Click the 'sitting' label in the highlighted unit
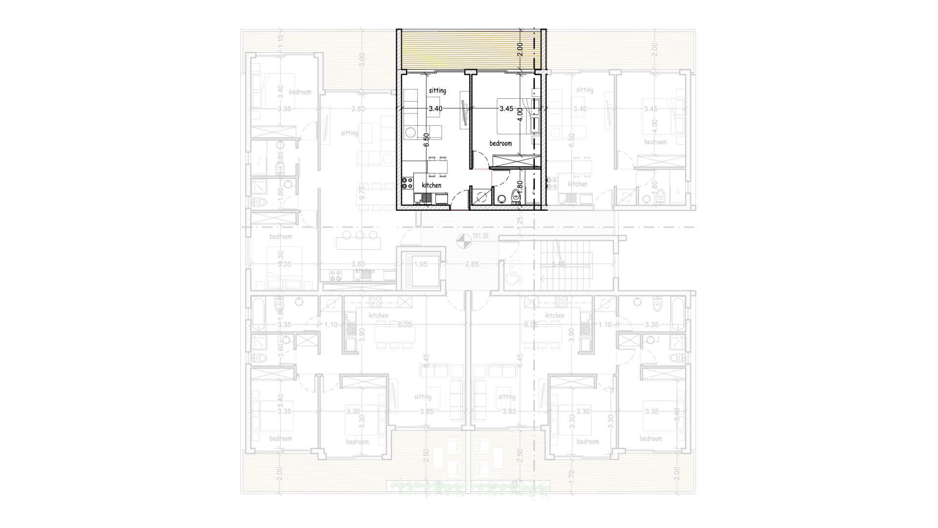coord(437,90)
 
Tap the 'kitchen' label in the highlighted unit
coord(431,185)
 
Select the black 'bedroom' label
coord(501,143)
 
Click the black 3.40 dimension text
coord(435,109)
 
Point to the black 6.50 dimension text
coord(426,140)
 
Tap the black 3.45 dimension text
coord(506,109)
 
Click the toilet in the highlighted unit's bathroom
coord(515,197)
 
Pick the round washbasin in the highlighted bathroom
coord(501,199)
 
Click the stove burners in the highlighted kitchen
coord(407,183)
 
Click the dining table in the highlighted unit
coord(437,167)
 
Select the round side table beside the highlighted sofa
coord(410,132)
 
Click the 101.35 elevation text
coord(480,236)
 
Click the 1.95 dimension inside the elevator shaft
coord(420,264)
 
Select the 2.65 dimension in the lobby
coord(472,264)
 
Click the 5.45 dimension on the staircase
coord(558,264)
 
